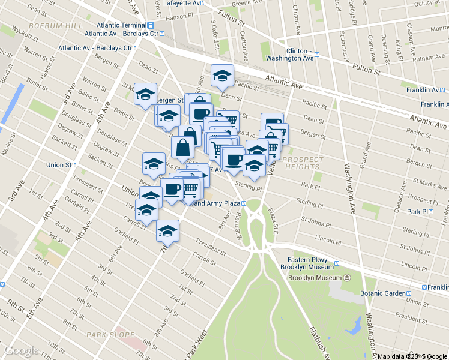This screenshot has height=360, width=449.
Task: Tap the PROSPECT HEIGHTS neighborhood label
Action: tap(302, 163)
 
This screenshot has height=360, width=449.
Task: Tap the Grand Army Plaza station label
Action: tap(220, 203)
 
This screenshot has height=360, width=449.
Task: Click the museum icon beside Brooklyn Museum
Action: tap(346, 278)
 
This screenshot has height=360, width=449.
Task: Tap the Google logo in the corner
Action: tap(22, 350)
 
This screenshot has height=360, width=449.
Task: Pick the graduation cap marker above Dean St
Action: tap(223, 76)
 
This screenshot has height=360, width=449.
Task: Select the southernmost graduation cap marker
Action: tap(167, 231)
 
